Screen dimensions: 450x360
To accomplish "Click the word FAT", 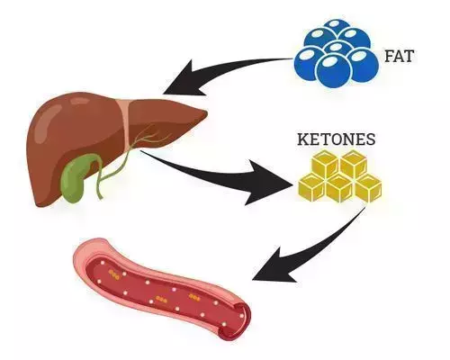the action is click(x=399, y=56).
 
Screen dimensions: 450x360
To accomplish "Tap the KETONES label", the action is click(x=337, y=139).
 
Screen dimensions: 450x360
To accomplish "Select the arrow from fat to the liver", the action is click(x=228, y=68).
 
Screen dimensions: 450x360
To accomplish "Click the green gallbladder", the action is click(x=78, y=177).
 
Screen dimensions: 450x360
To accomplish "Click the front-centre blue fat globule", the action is click(x=334, y=70).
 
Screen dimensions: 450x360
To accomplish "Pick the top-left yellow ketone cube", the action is click(x=326, y=164).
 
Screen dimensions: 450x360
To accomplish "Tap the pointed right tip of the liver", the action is click(x=207, y=112).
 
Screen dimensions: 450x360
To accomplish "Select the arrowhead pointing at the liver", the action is click(x=183, y=79).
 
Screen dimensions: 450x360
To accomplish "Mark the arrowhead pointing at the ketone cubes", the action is click(x=267, y=183).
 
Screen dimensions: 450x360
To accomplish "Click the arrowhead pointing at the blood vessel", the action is click(x=272, y=267).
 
